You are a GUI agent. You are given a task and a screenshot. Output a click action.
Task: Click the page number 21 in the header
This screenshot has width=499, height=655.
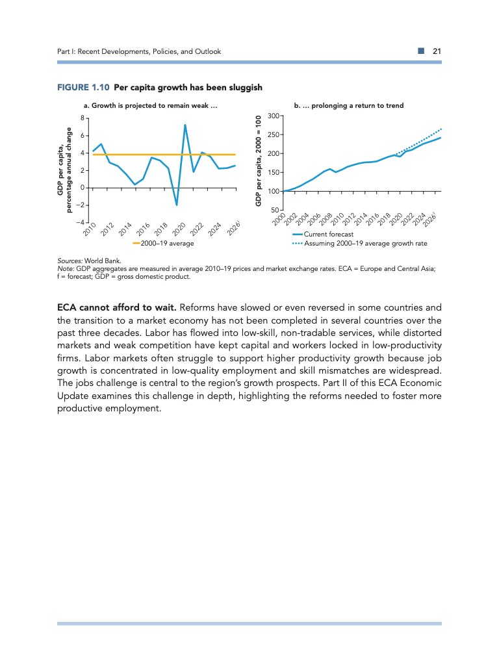click(437, 51)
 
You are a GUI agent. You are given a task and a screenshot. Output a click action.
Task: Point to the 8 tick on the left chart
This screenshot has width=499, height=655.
click(82, 118)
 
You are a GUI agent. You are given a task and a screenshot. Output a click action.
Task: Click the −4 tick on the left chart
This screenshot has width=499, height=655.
click(79, 223)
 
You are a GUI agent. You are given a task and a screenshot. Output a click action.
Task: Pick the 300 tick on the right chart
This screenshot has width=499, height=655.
click(274, 116)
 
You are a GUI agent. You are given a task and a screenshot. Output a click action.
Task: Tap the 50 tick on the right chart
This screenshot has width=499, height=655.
click(275, 210)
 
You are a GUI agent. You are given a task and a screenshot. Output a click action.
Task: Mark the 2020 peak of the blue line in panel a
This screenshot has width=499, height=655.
click(185, 125)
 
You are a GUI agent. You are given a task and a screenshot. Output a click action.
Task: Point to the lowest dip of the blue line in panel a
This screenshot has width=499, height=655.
click(177, 205)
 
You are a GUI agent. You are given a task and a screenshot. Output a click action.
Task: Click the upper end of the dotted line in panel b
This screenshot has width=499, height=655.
click(441, 129)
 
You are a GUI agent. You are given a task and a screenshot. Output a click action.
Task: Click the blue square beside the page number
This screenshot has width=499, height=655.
click(421, 51)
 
